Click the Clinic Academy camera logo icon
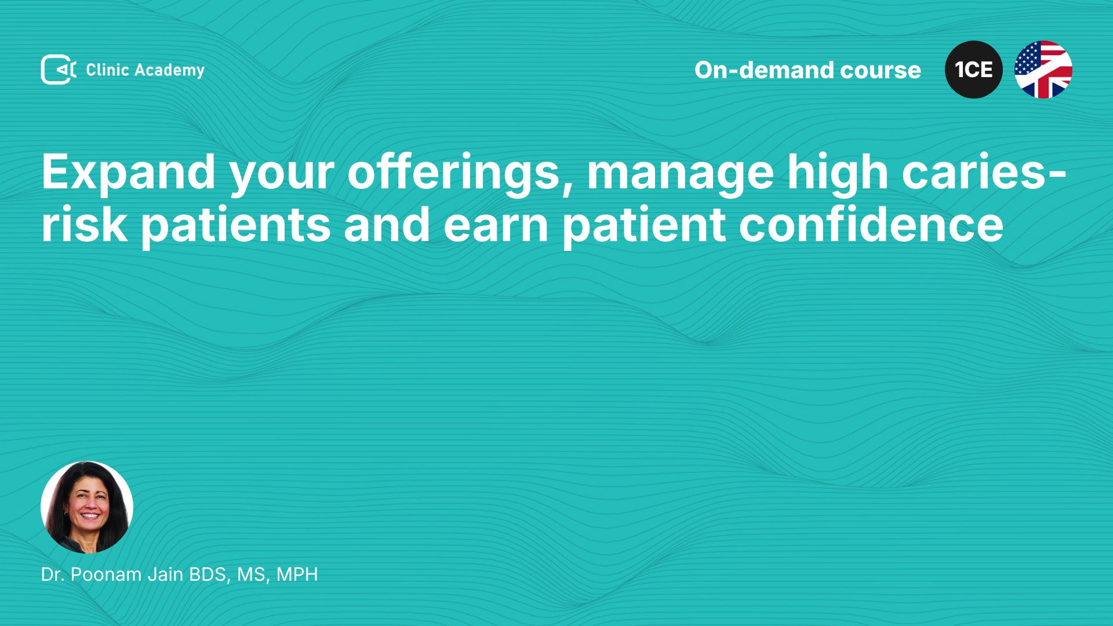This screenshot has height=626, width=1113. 59,70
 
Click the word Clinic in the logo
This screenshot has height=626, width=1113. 107,70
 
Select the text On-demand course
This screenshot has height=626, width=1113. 808,70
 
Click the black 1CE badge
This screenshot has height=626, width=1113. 974,70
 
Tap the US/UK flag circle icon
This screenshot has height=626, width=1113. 1043,70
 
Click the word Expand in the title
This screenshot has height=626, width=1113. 128,173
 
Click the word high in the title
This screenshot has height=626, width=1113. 838,173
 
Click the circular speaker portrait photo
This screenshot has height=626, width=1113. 87,507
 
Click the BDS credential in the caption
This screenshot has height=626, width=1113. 211,575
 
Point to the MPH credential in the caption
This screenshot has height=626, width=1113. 297,574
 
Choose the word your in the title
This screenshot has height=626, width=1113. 281,177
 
